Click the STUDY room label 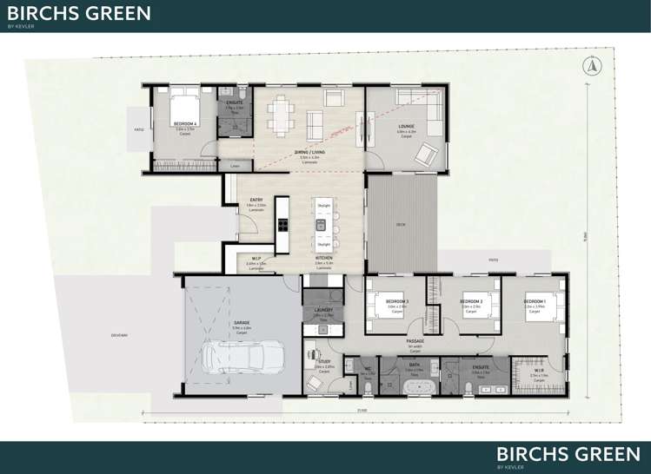[x=324, y=361]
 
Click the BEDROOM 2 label [x=472, y=301]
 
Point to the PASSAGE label [x=415, y=341]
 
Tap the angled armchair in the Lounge [x=426, y=155]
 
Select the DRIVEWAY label [x=119, y=335]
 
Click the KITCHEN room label [x=322, y=259]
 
